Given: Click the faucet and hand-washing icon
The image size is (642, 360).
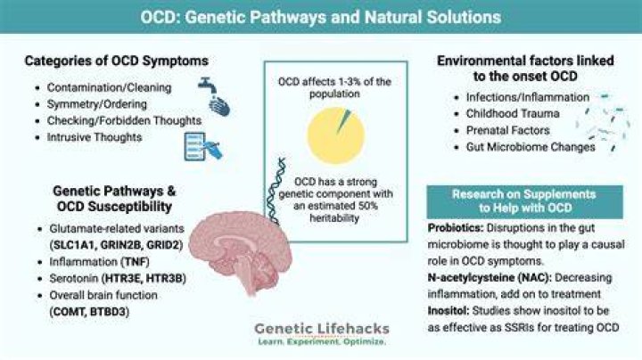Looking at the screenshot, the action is (x=214, y=96).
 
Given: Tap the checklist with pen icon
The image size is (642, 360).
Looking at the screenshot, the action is (x=203, y=146).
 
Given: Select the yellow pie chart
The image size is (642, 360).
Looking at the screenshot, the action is (x=336, y=135).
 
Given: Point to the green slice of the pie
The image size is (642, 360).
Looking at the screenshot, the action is (x=343, y=121).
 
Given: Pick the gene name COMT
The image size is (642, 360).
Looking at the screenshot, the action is (x=70, y=312).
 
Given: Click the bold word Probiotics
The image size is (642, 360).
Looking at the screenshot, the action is (x=456, y=228).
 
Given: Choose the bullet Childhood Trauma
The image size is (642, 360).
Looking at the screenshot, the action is (x=513, y=114).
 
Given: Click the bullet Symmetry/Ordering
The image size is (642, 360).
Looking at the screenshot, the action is (x=96, y=104).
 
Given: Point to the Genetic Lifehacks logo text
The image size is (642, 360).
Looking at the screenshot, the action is (x=322, y=329).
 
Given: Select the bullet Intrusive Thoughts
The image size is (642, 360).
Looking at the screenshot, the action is (x=95, y=137).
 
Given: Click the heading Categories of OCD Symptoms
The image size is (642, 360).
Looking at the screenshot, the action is (x=116, y=61).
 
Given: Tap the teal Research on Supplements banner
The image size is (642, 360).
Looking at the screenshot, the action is (x=524, y=201).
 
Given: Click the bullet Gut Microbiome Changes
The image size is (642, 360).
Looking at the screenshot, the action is (x=531, y=147).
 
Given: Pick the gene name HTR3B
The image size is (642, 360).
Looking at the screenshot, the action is (x=165, y=279).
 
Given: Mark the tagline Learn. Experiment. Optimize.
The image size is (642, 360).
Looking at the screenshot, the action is (x=322, y=341).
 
